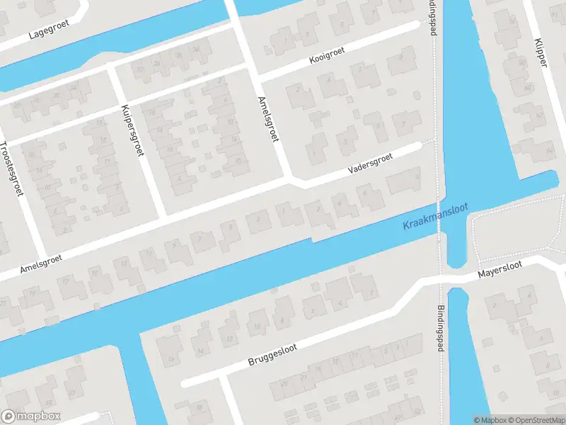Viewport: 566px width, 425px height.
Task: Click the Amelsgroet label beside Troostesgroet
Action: pyautogui.click(x=41, y=262)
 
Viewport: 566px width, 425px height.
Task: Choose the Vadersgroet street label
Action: pyautogui.click(x=370, y=165)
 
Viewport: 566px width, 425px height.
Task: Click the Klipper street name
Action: pyautogui.click(x=541, y=52)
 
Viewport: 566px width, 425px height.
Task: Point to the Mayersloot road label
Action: pyautogui.click(x=499, y=270)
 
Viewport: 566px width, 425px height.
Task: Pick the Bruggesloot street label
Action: pyautogui.click(x=272, y=351)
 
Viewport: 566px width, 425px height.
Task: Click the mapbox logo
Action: pyautogui.click(x=31, y=416)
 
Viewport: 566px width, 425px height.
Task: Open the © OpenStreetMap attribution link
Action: pyautogui.click(x=535, y=420)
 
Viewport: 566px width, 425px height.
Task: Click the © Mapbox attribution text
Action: pyautogui.click(x=490, y=420)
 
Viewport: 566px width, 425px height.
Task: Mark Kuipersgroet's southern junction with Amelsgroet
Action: pyautogui.click(x=163, y=215)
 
